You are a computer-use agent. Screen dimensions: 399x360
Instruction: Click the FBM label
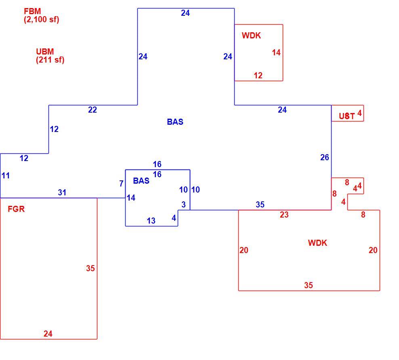[32, 11]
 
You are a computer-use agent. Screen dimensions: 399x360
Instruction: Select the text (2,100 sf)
[42, 19]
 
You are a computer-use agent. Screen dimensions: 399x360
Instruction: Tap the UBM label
[45, 52]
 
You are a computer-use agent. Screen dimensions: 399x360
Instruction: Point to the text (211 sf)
[50, 60]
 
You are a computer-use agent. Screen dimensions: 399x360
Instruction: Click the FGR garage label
[16, 209]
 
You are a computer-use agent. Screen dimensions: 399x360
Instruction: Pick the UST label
[347, 116]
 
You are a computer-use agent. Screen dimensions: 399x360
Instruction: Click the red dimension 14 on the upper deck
[276, 52]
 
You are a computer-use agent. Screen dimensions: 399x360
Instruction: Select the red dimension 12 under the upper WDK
[258, 75]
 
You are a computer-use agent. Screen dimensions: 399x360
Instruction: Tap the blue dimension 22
[92, 110]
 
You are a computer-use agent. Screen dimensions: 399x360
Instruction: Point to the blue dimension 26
[325, 157]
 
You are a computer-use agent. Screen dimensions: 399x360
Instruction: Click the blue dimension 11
[6, 176]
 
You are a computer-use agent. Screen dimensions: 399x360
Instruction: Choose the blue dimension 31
[62, 193]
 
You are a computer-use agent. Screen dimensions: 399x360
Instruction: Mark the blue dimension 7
[122, 184]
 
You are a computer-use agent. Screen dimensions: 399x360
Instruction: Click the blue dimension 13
[151, 221]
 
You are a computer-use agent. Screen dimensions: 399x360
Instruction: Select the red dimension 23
[284, 215]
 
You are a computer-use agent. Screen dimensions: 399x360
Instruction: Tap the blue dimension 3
[183, 205]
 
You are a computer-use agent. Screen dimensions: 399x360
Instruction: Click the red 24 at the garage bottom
[48, 333]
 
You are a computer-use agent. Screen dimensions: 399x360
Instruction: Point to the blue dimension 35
[260, 205]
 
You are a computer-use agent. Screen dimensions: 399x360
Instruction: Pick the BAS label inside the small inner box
[141, 181]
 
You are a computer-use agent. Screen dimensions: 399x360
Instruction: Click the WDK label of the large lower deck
[317, 243]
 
